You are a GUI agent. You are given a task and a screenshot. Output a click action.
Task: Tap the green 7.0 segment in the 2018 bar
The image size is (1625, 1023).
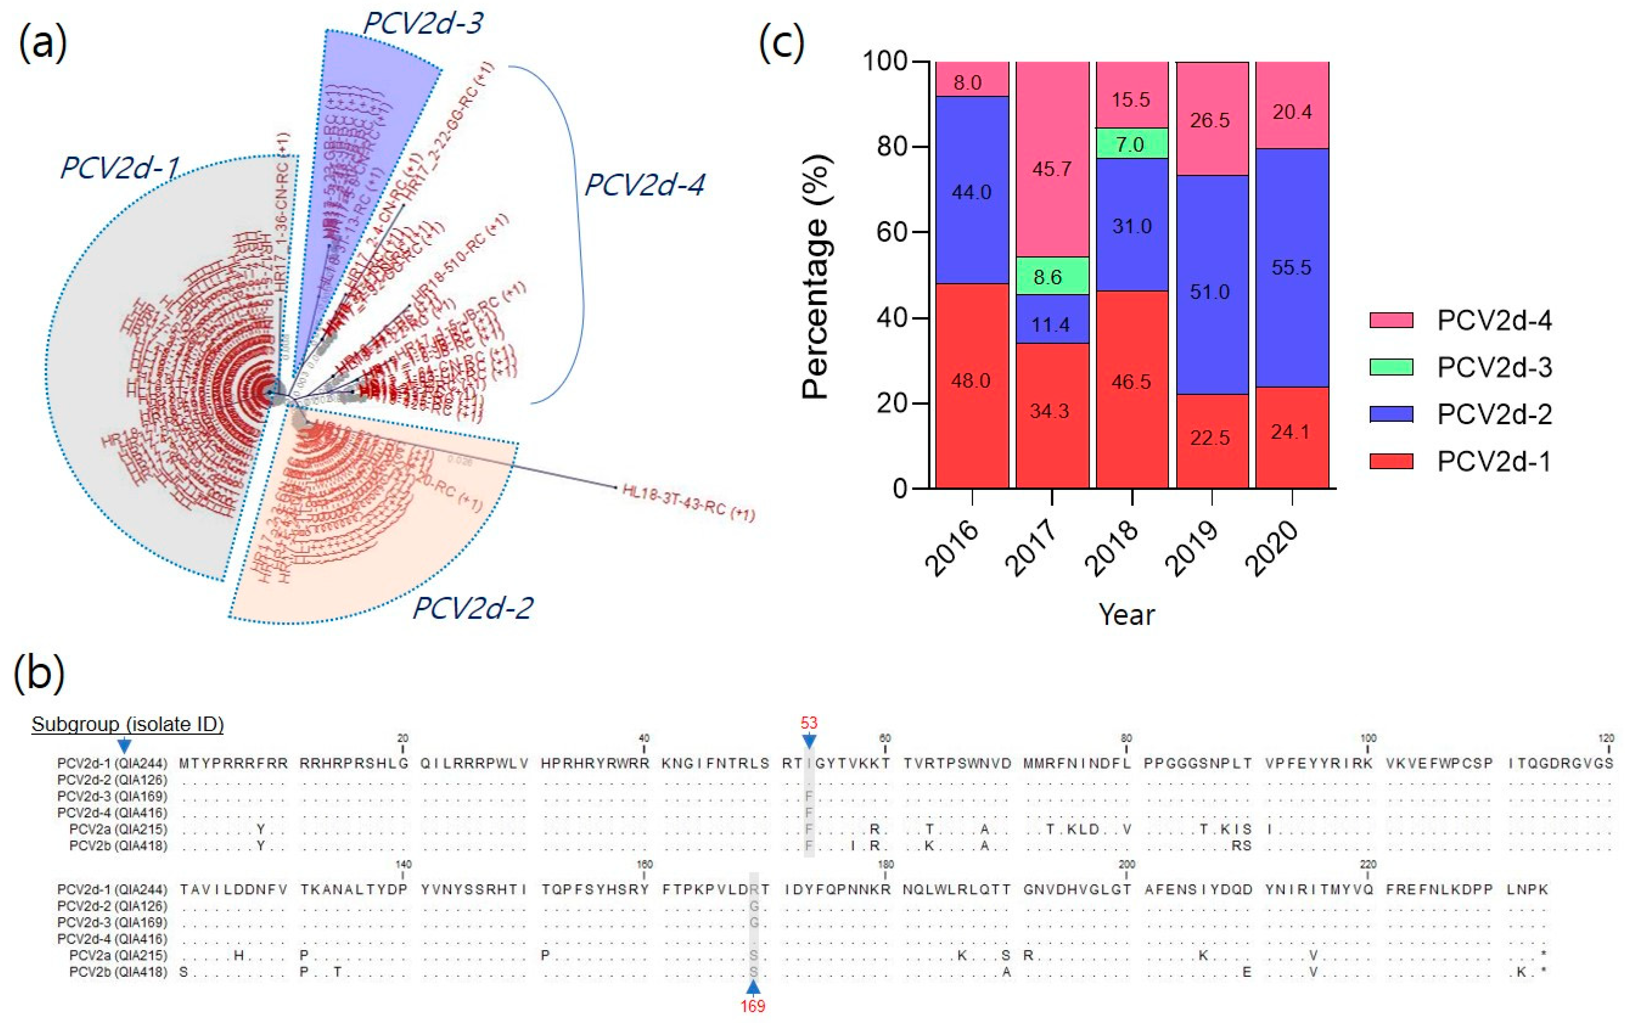pos(1132,143)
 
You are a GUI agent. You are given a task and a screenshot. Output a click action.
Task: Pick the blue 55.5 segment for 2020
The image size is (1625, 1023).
pos(1292,267)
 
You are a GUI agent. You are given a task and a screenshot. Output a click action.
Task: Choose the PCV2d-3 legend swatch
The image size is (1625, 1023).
pos(1391,367)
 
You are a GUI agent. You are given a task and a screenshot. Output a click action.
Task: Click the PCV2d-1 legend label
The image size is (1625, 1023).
pos(1494,462)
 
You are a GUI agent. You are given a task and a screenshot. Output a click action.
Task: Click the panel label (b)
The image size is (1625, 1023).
pos(39,673)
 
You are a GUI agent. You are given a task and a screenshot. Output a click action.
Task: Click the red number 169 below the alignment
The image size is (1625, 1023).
pos(753,1006)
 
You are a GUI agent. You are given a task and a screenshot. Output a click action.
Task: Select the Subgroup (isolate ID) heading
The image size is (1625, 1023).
pos(128,724)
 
